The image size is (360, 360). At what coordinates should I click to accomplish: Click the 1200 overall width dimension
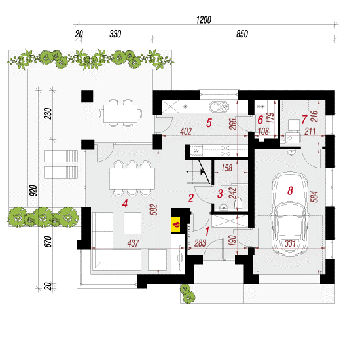(204, 20)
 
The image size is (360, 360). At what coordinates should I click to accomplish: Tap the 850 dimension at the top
(242, 34)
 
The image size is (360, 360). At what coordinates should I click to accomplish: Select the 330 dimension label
(115, 34)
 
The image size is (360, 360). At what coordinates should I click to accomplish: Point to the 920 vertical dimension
(33, 190)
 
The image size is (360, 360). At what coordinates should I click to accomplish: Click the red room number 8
(290, 190)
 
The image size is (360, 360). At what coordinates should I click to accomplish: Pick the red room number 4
(125, 204)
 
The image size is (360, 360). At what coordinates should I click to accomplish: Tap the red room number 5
(209, 123)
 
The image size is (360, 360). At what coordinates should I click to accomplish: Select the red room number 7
(304, 119)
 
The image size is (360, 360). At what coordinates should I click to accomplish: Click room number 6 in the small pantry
(260, 120)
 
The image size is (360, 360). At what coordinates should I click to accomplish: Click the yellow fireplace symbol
(176, 225)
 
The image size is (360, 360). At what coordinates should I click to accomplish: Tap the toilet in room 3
(238, 203)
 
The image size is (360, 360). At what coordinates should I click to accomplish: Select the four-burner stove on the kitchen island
(225, 151)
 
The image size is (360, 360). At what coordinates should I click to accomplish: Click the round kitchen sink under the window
(214, 106)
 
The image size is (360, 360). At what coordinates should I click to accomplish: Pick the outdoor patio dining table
(120, 114)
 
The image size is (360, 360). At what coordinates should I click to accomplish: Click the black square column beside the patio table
(87, 96)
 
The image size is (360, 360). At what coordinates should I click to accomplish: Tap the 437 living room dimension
(133, 243)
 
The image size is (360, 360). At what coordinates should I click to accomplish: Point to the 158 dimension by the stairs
(226, 168)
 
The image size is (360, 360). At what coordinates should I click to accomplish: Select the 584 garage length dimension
(315, 196)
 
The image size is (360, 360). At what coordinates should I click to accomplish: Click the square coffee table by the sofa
(132, 223)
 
